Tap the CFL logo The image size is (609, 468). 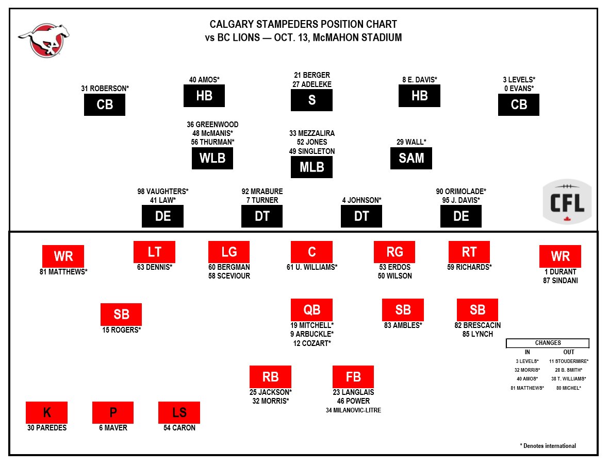point(567,202)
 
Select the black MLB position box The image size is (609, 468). point(311,167)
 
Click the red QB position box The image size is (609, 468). point(311,309)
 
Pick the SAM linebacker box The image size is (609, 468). point(411,158)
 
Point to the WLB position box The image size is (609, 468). point(212,158)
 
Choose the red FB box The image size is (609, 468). point(353,376)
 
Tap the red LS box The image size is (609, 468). point(179,412)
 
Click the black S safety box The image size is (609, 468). point(311,100)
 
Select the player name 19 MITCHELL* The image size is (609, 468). point(311,325)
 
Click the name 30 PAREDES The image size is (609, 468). point(47,428)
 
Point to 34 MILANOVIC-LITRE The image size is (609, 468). point(353,410)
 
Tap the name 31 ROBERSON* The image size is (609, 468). point(105,89)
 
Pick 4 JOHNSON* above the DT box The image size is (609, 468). point(361,200)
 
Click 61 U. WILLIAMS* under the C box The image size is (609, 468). point(311,267)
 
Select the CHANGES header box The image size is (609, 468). point(548,343)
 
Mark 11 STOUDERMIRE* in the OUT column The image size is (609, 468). point(568,361)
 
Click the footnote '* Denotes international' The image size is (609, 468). point(548,446)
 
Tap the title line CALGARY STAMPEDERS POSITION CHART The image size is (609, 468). point(303,25)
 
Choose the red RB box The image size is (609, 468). point(270,376)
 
